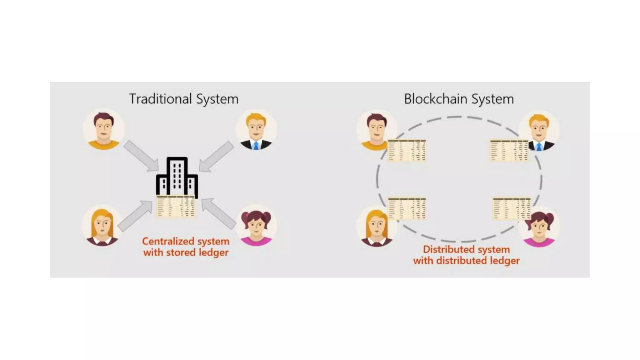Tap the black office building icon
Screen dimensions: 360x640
177,176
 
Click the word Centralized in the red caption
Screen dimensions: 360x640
168,242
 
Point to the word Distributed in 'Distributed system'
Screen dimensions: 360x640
449,250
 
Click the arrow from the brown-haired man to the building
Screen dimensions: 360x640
141,156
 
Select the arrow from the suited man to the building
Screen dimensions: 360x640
216,156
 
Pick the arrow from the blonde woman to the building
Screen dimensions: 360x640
135,216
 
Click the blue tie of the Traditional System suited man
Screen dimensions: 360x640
256,146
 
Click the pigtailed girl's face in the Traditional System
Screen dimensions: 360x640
256,226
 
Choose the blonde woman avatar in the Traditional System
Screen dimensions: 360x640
102,225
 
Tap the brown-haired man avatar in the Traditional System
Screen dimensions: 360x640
104,129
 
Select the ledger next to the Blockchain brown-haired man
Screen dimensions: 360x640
407,150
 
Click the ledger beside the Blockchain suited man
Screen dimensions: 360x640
509,150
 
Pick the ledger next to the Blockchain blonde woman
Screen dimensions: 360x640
407,208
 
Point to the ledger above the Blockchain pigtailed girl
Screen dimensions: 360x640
512,208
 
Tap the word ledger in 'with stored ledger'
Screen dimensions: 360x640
213,252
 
